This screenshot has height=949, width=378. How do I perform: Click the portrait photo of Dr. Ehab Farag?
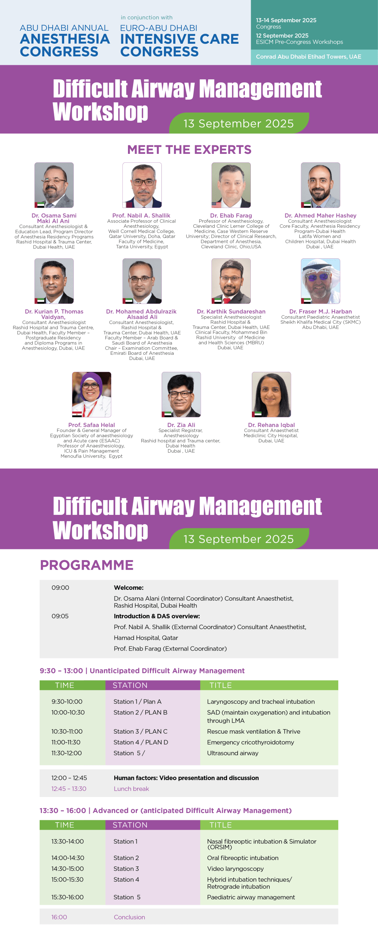231,185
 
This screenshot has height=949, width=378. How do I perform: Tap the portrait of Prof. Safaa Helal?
92,394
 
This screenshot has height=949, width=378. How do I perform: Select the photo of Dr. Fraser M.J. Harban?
321,281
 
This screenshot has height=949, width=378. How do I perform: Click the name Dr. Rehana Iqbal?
272,425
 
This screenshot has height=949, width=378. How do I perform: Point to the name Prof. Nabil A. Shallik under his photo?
141,215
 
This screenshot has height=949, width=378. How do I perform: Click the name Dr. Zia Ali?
181,425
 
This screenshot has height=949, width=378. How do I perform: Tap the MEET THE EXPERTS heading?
189,150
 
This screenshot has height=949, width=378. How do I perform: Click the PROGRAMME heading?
87,565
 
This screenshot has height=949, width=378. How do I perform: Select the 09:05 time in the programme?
60,616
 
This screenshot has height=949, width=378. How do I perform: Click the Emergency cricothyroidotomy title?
250,742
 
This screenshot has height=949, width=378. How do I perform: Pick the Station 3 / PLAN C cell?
140,731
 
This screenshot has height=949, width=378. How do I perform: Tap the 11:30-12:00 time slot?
66,753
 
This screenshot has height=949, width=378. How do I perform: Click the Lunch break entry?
131,789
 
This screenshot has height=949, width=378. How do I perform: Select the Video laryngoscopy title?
235,869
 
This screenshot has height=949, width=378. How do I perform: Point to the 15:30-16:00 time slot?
68,897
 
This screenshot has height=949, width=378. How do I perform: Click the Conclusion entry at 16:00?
129,917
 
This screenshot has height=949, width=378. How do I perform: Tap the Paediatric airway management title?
251,897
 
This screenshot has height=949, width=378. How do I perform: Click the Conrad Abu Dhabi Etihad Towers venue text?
309,57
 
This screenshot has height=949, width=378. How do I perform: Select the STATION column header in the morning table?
130,685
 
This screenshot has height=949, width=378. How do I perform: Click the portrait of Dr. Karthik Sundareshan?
231,281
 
